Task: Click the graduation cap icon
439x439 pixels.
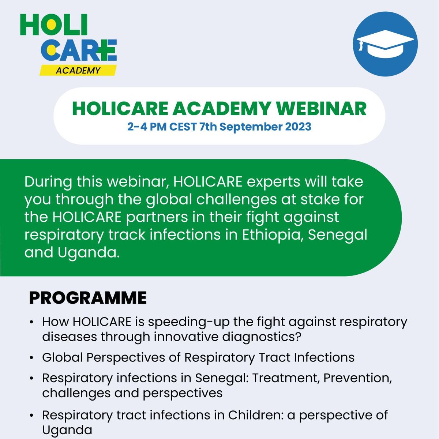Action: point(385,44)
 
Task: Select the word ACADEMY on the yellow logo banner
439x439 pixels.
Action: point(78,71)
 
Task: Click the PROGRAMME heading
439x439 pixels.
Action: point(88,298)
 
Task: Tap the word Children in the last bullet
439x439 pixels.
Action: point(253,416)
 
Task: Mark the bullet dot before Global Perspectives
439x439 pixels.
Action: point(32,357)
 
